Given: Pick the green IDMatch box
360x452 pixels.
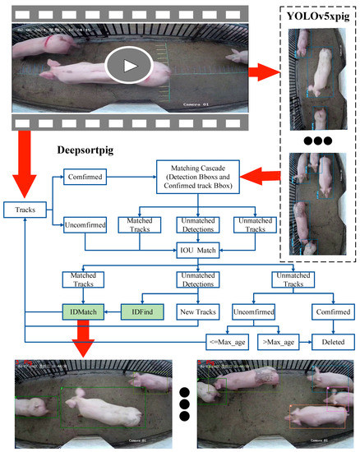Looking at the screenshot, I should click(82, 313).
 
